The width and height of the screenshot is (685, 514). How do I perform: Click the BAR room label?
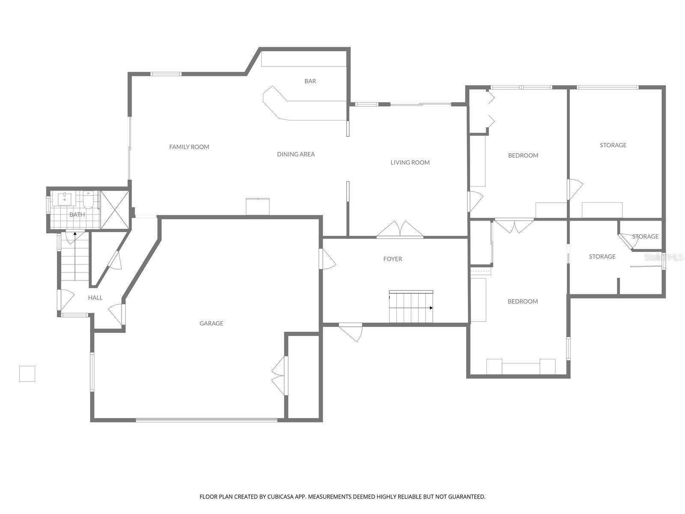point(310,81)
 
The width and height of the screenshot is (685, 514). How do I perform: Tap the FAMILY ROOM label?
point(189,147)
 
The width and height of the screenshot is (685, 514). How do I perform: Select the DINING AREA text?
point(296,154)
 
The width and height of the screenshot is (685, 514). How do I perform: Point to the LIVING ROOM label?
point(410,162)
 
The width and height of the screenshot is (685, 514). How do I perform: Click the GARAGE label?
point(211,323)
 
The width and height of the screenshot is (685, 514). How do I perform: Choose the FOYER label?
point(393,259)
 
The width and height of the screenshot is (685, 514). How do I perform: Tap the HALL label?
point(95,298)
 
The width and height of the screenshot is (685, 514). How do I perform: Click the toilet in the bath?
point(88,201)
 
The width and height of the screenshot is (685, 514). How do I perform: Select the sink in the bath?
point(65,199)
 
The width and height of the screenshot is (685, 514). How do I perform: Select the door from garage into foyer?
point(328,260)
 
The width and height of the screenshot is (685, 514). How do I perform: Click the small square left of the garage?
point(27,374)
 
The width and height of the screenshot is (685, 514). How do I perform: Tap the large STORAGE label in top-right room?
point(613,145)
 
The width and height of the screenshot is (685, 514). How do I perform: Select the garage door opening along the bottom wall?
point(206,420)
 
